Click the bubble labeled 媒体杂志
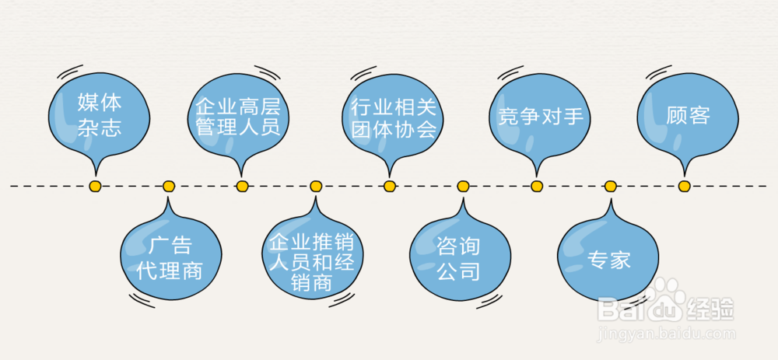click(99, 114)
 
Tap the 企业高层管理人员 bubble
click(237, 116)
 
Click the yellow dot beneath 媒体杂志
click(95, 187)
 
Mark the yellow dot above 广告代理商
click(169, 187)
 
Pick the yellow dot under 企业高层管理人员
click(242, 187)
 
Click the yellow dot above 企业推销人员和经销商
click(316, 187)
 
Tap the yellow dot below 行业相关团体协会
click(390, 187)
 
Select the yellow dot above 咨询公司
click(463, 187)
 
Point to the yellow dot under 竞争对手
click(537, 187)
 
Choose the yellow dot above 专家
click(611, 187)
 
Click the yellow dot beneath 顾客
click(684, 187)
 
